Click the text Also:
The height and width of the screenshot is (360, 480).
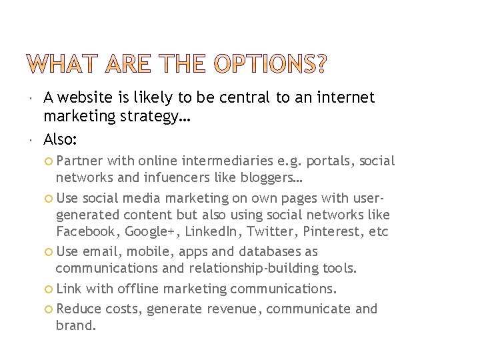(61, 139)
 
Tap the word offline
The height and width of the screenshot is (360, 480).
(142, 289)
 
